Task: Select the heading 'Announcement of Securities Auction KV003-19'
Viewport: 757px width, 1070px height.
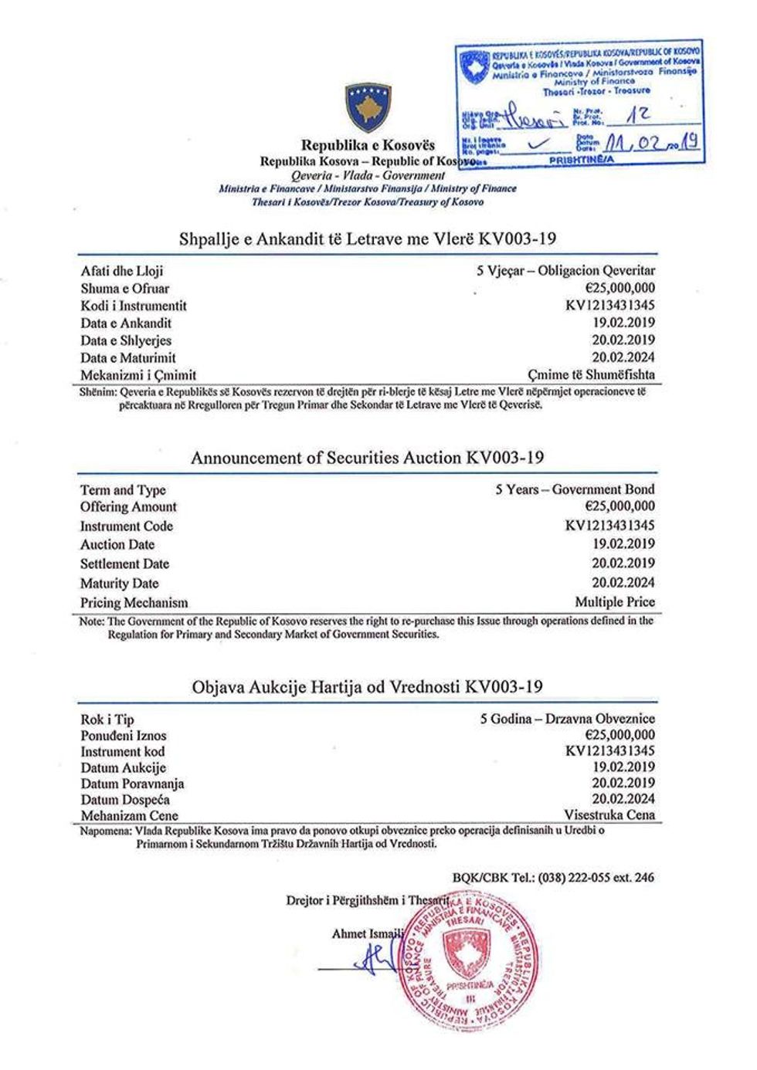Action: (367, 458)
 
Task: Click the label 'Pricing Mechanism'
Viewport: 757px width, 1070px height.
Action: (134, 603)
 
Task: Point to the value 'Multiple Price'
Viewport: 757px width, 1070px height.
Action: (614, 602)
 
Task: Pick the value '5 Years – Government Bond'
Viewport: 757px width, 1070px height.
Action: (575, 489)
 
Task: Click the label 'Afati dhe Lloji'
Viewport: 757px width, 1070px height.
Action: (122, 271)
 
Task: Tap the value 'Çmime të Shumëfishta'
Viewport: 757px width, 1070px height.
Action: (591, 375)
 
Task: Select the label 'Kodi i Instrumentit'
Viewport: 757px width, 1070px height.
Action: (134, 306)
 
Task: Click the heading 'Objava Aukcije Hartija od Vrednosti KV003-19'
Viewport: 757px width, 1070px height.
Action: (367, 686)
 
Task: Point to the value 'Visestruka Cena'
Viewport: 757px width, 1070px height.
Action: (609, 815)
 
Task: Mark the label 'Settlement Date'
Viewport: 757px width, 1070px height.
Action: (124, 564)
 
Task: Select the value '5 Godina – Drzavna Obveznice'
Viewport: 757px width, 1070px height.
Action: (567, 719)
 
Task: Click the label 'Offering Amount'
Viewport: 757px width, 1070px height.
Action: (128, 507)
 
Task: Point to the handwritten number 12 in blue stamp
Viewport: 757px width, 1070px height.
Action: (639, 115)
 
